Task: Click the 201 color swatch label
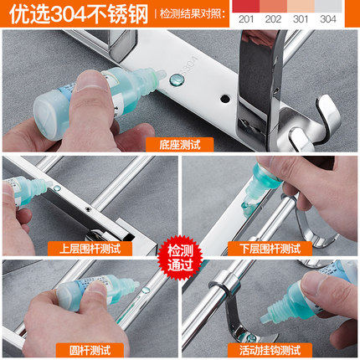click(x=246, y=19)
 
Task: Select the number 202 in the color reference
click(x=273, y=19)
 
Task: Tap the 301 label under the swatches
click(x=301, y=19)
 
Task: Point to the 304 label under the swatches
click(x=328, y=19)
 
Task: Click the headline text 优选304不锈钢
click(x=79, y=14)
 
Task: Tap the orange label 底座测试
click(x=180, y=145)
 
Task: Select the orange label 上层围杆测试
click(x=90, y=249)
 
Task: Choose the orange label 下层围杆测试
click(x=270, y=249)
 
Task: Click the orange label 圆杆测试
click(x=90, y=351)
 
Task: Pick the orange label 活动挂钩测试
click(x=270, y=351)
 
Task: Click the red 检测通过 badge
click(x=180, y=258)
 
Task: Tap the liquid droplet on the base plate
click(x=177, y=80)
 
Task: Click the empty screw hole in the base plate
click(x=224, y=99)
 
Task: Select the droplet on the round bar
click(x=146, y=290)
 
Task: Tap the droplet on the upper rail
click(x=57, y=188)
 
